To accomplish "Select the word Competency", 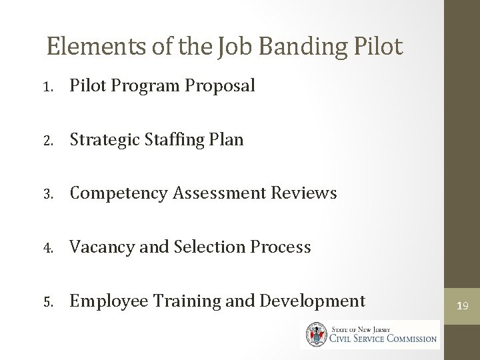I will click(118, 194).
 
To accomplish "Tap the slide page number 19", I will click(463, 306).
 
